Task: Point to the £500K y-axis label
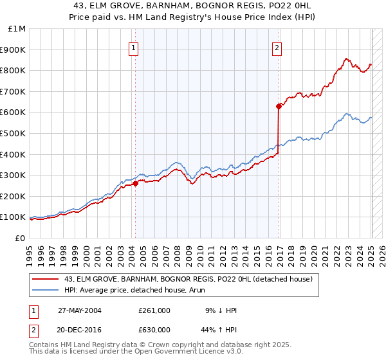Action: tap(14, 133)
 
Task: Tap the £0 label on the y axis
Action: tap(21, 238)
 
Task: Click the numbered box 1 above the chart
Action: tap(133, 47)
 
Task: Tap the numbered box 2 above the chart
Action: tap(277, 47)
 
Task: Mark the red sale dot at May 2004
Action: tap(136, 183)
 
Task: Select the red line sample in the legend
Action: tap(45, 279)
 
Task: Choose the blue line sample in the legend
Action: tap(45, 290)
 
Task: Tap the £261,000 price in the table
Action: tap(154, 310)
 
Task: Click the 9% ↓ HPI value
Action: tap(221, 310)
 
